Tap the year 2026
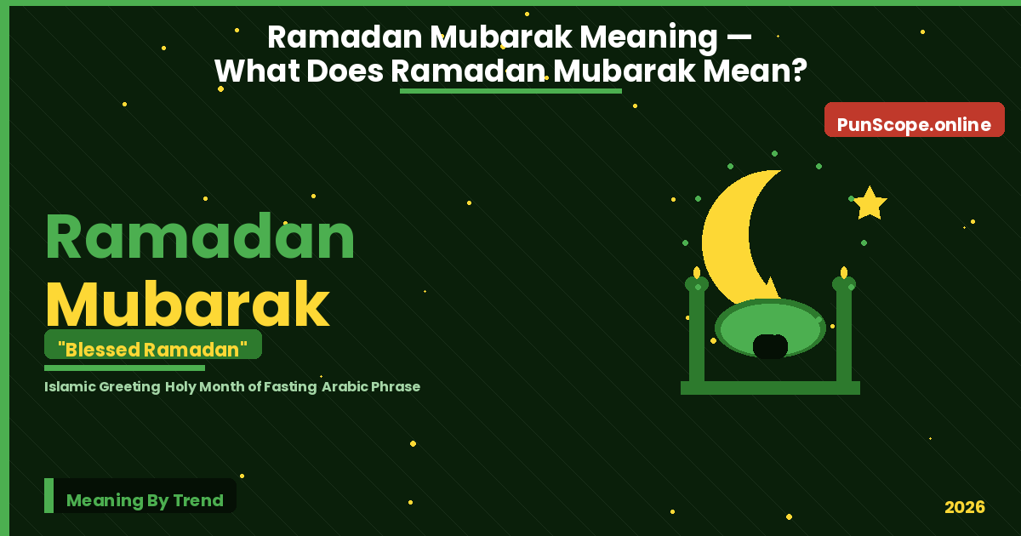point(964,507)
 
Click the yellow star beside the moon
point(869,204)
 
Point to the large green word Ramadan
point(200,238)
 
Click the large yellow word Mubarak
point(187,305)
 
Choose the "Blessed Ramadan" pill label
point(153,349)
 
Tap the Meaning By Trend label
point(145,500)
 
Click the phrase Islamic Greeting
point(102,386)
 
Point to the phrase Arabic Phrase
point(371,386)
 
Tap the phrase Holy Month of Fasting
point(242,386)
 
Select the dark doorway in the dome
point(770,346)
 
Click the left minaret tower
point(697,332)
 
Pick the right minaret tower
point(844,332)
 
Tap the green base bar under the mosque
point(770,388)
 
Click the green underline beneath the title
point(510,90)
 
